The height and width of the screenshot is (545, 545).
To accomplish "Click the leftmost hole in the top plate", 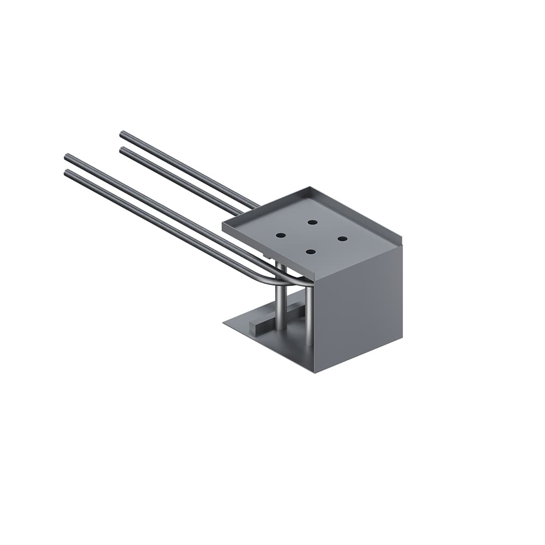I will (x=281, y=235).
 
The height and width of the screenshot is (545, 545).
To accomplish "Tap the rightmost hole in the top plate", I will (x=342, y=239).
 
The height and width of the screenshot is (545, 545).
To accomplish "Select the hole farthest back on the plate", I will (x=312, y=222).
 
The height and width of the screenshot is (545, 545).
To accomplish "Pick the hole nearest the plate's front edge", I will (x=311, y=251).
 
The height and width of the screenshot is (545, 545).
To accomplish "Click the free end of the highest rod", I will (x=123, y=134).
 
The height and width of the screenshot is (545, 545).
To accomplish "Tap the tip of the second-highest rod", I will (x=122, y=149).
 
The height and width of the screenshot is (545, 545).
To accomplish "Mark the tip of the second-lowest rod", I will (x=68, y=157).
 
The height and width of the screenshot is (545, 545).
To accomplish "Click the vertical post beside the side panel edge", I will (x=309, y=316).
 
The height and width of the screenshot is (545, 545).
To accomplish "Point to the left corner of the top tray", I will (x=223, y=225).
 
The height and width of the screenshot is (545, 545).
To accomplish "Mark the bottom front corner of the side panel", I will (x=314, y=372).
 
